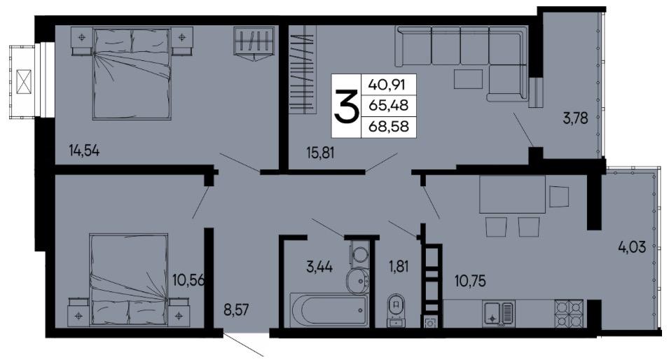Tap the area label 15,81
coord(320,152)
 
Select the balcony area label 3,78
coord(575,118)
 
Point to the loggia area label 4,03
coord(632,247)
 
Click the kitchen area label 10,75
coord(470,281)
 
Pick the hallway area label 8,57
coord(236,310)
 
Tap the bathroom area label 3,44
coord(319,267)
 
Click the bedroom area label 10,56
coord(188,280)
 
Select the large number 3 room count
coord(346,106)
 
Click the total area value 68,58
coord(389,126)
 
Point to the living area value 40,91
coord(387,85)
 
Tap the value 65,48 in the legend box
coord(389,105)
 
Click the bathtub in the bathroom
coord(328,310)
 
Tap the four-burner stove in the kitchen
coord(569,314)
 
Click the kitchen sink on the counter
coord(499,314)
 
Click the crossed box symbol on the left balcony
coord(25,81)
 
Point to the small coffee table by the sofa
coord(468,79)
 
